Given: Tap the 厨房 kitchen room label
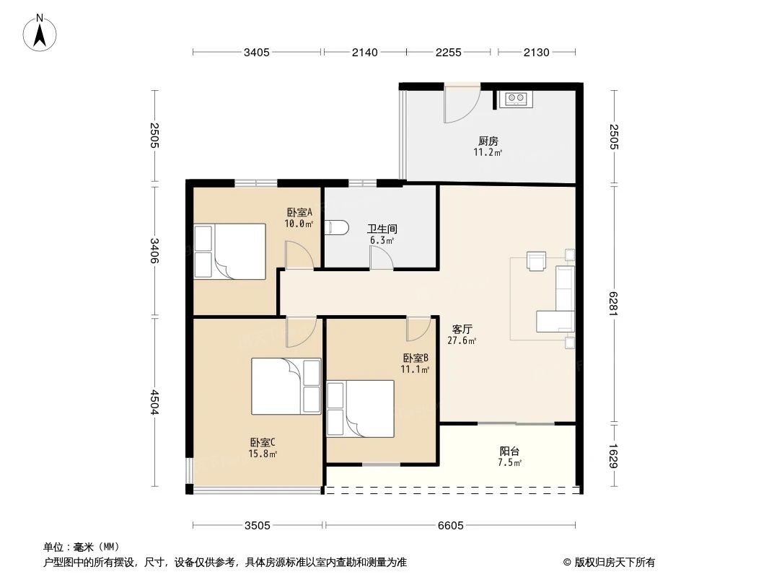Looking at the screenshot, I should [x=488, y=141].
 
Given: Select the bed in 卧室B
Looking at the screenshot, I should [x=360, y=408].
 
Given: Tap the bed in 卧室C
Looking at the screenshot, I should [x=286, y=386].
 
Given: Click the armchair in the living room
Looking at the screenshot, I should [x=535, y=260].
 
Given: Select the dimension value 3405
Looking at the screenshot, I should [x=257, y=52].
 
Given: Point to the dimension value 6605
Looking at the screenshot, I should [x=450, y=525].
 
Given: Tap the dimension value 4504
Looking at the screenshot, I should [x=154, y=402].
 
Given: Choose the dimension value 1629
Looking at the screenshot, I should [x=615, y=456].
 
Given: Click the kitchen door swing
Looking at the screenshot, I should [x=460, y=105].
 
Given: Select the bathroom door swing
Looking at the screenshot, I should [x=380, y=257].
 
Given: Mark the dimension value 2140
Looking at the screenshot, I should [x=364, y=52].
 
